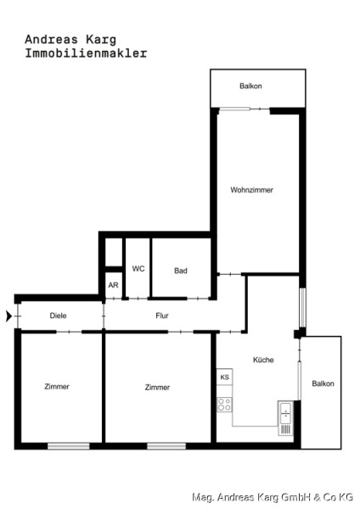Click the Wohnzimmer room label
tap(252, 190)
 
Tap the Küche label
tap(263, 360)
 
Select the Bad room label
tap(181, 271)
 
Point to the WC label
tap(138, 269)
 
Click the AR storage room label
tap(113, 285)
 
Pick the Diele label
tap(58, 316)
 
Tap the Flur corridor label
tap(162, 316)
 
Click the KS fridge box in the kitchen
tap(224, 377)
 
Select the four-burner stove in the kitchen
tap(224, 405)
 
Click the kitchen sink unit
tap(285, 418)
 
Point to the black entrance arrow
tap(8, 316)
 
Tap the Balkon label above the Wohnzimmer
tap(250, 86)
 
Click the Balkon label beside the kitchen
tap(323, 383)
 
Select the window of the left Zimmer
tap(69, 446)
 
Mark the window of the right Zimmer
tap(166, 446)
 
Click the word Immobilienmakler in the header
tap(86, 53)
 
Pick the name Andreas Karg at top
tap(70, 40)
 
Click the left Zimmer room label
tap(57, 386)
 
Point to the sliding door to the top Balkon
tap(245, 109)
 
